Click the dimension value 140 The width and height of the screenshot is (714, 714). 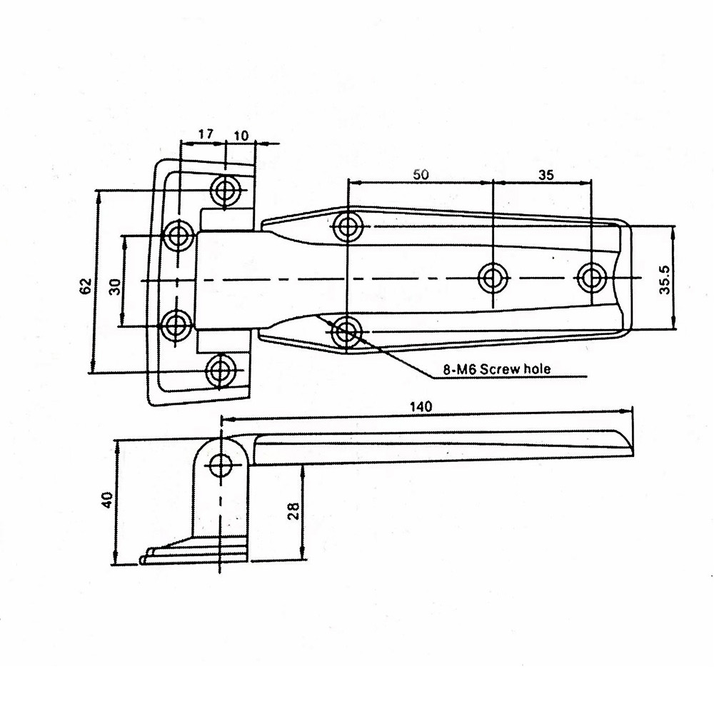pyautogui.click(x=422, y=406)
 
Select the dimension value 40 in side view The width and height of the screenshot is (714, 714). pyautogui.click(x=106, y=499)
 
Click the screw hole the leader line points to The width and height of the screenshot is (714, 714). pyautogui.click(x=346, y=331)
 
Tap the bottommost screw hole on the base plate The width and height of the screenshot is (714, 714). pyautogui.click(x=221, y=369)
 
